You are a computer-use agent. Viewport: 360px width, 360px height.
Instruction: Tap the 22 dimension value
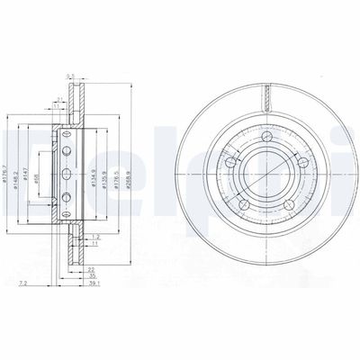[x=91, y=269]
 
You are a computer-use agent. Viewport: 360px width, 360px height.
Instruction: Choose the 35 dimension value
[x=91, y=276]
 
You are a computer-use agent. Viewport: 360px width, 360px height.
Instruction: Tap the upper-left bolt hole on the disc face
[x=231, y=162]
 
